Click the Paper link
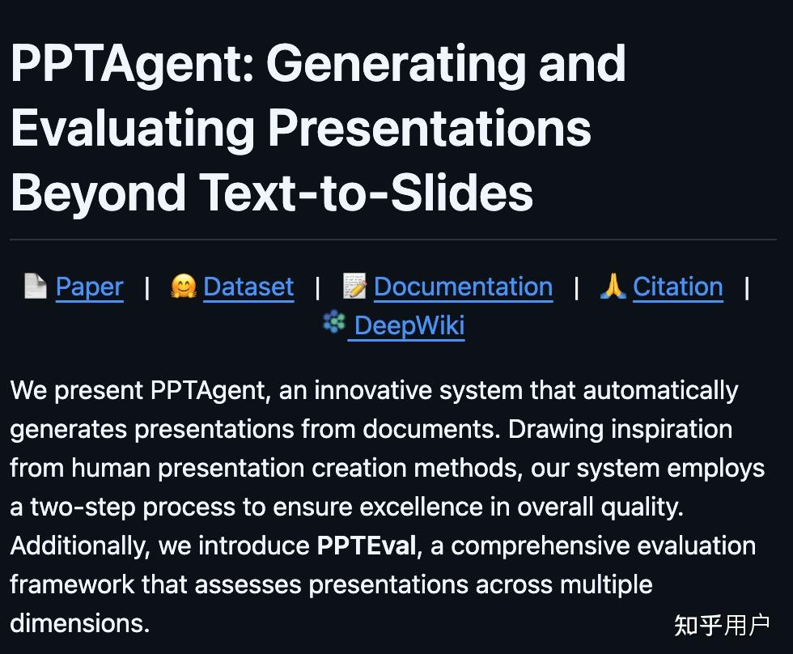[x=90, y=287]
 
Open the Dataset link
[x=248, y=287]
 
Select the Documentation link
[x=463, y=287]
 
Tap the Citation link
[x=678, y=287]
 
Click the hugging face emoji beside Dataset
[x=183, y=286]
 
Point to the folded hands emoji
[x=613, y=286]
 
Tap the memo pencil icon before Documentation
[x=354, y=286]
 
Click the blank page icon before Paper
[x=36, y=286]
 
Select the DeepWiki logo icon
[x=334, y=321]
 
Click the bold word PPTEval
[x=367, y=546]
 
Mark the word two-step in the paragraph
[x=83, y=507]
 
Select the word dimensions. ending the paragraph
[x=80, y=623]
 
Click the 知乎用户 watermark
[x=722, y=626]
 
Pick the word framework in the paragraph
[x=72, y=584]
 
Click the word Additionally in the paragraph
[x=80, y=546]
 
